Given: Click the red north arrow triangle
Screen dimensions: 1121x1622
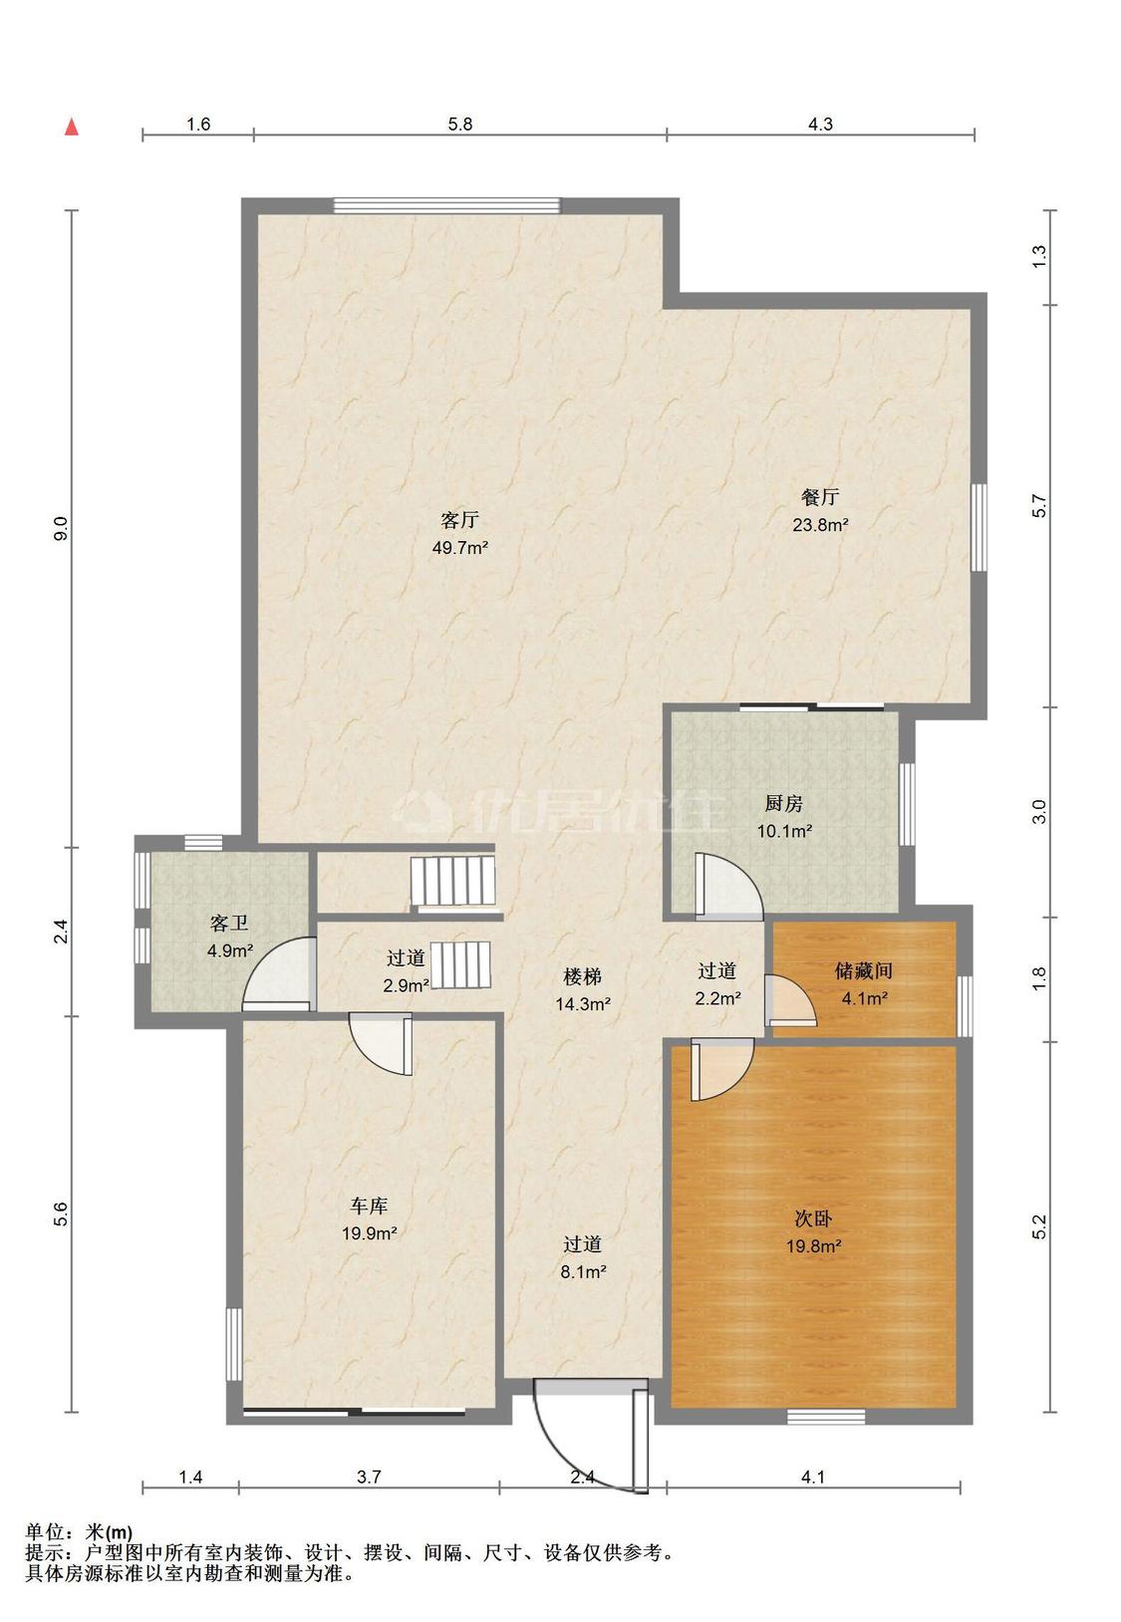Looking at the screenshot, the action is point(72,127).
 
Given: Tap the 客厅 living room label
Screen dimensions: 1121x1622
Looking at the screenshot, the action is point(459,520).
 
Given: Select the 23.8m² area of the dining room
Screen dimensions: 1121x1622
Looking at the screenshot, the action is point(820,524).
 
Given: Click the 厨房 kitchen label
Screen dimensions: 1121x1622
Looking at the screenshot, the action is point(783,803).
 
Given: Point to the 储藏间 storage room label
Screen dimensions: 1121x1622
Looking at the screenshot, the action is point(864,970).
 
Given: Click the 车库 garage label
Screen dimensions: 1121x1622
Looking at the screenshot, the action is point(369,1206).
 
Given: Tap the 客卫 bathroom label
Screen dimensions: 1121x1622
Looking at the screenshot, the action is point(229,924).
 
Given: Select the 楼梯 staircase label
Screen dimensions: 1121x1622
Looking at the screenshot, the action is point(582,976).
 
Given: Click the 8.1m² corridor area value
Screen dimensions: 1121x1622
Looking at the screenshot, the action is point(583,1271).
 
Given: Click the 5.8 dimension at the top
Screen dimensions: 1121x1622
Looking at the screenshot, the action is point(459,124).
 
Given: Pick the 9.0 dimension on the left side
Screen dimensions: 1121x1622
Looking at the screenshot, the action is point(61,527).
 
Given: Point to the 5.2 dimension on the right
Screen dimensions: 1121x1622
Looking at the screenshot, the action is point(1039,1226).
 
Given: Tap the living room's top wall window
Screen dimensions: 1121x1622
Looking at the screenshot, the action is point(446,205).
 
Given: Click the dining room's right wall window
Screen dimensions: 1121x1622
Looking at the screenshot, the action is point(979,527).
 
